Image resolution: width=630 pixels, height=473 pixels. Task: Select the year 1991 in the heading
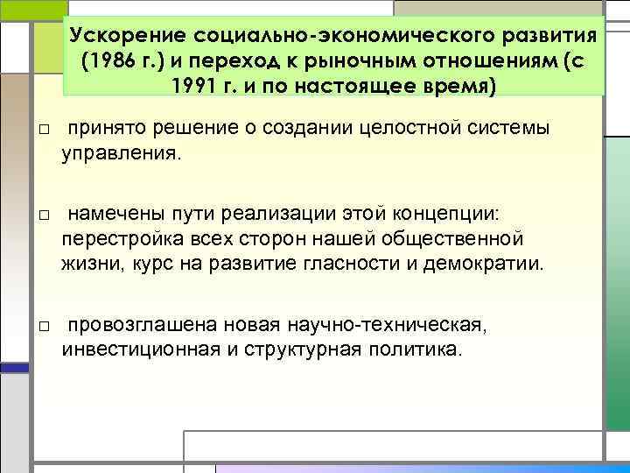click(x=197, y=88)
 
